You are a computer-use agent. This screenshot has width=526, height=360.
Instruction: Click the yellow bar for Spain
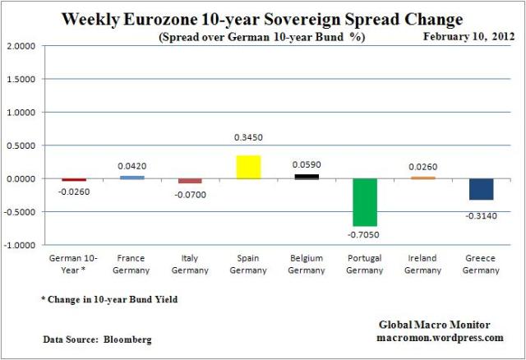click(248, 167)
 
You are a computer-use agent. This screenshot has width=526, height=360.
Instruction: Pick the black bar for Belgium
click(307, 176)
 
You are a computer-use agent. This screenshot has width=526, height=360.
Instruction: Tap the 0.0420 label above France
click(131, 165)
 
